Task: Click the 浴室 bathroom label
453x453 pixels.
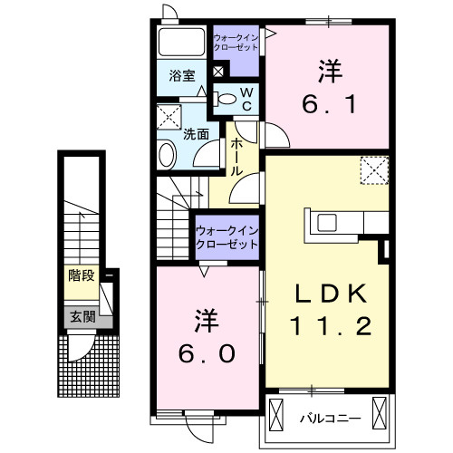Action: click(182, 76)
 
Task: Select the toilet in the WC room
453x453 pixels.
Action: click(229, 97)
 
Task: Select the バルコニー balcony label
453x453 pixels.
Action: click(331, 418)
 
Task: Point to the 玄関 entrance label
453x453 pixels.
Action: click(81, 316)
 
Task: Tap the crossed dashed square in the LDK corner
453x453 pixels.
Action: click(373, 169)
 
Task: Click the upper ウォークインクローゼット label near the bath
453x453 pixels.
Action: click(236, 43)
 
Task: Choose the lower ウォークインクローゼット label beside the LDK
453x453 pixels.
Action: click(227, 237)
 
